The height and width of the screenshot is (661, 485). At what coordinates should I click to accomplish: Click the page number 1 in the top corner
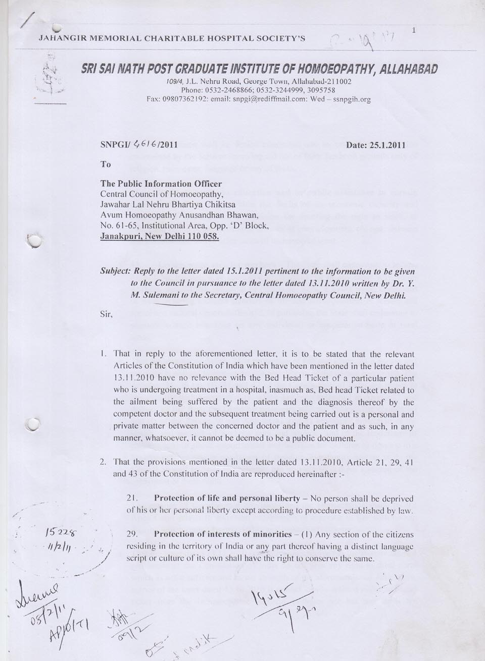[413, 31]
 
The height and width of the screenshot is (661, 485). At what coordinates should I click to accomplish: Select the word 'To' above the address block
[106, 164]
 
